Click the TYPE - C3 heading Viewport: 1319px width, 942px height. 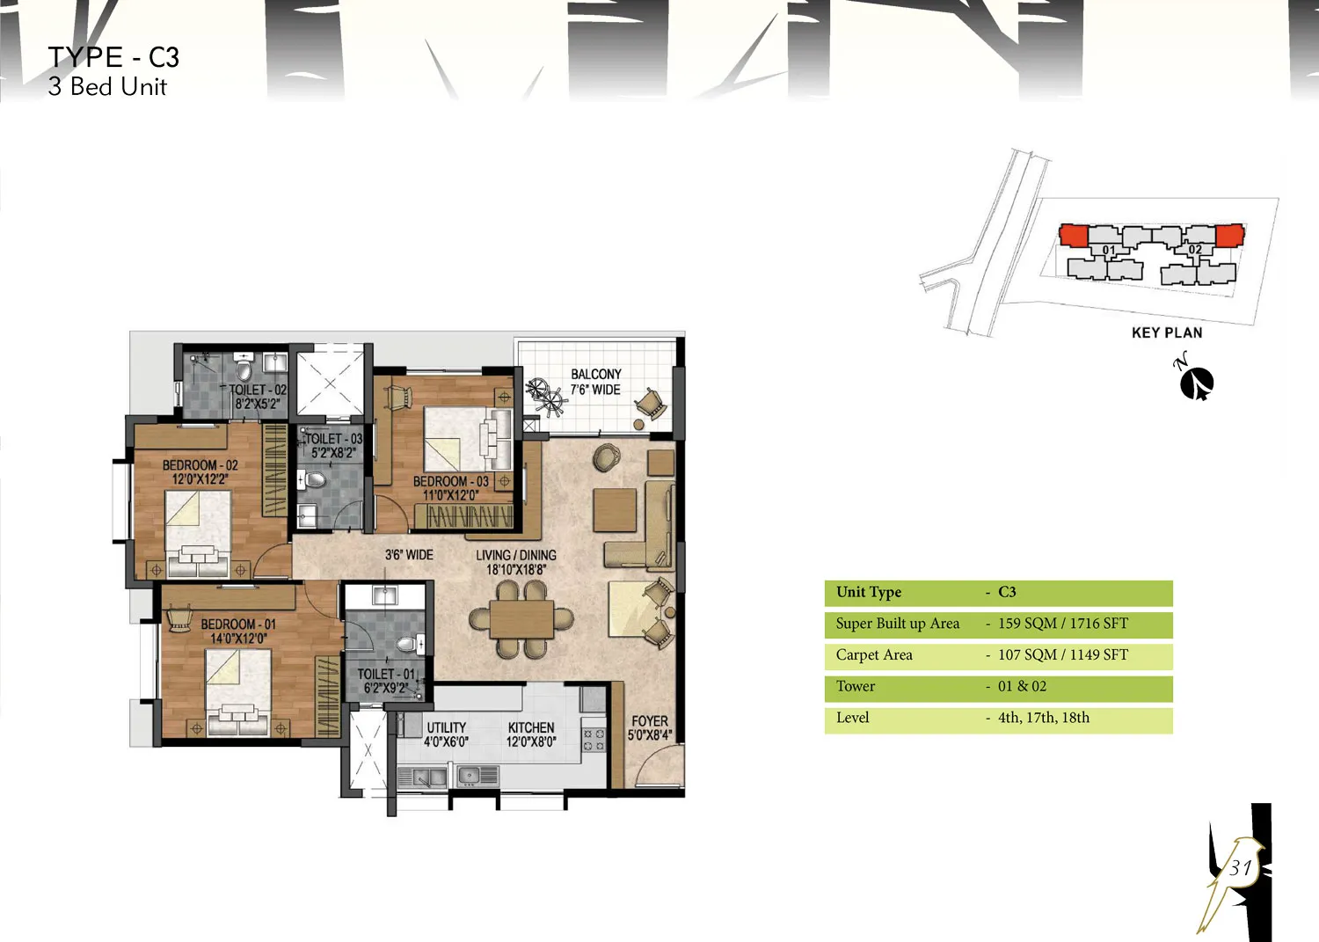[113, 57]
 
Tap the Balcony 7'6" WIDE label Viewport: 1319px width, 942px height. [595, 382]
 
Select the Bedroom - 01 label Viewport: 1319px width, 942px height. [238, 631]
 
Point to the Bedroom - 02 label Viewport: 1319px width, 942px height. [200, 472]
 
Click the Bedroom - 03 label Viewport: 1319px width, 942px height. [450, 488]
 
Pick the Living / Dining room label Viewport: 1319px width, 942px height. [516, 562]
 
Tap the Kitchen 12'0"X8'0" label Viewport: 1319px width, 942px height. [531, 734]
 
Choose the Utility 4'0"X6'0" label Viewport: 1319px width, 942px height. [447, 734]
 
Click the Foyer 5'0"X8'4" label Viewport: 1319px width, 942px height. [650, 728]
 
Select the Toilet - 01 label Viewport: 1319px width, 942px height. [386, 681]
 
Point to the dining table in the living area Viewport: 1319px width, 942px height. [521, 618]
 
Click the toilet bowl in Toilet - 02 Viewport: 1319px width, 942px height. [244, 370]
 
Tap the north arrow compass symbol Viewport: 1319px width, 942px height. [1196, 383]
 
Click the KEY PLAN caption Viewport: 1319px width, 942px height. [1167, 332]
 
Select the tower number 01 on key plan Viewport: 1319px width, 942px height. [1109, 250]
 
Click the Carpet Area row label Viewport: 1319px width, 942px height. [874, 654]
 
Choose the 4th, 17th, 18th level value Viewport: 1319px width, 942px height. [1044, 718]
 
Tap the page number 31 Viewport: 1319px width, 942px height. [1240, 868]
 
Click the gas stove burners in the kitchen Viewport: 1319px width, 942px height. [594, 740]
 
